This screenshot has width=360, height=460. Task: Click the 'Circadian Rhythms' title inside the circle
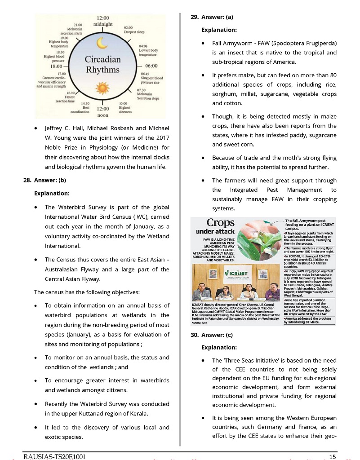(x=103, y=65)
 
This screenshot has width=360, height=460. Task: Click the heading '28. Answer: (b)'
(x=44, y=181)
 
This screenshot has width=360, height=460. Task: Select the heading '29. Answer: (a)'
(x=212, y=17)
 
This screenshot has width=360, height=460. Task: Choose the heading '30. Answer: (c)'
(x=212, y=334)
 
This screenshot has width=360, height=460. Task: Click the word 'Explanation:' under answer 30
(x=219, y=347)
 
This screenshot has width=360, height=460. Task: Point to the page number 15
(x=332, y=456)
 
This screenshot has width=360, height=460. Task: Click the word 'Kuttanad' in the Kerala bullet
(x=98, y=413)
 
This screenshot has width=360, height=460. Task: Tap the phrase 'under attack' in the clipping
(x=216, y=232)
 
